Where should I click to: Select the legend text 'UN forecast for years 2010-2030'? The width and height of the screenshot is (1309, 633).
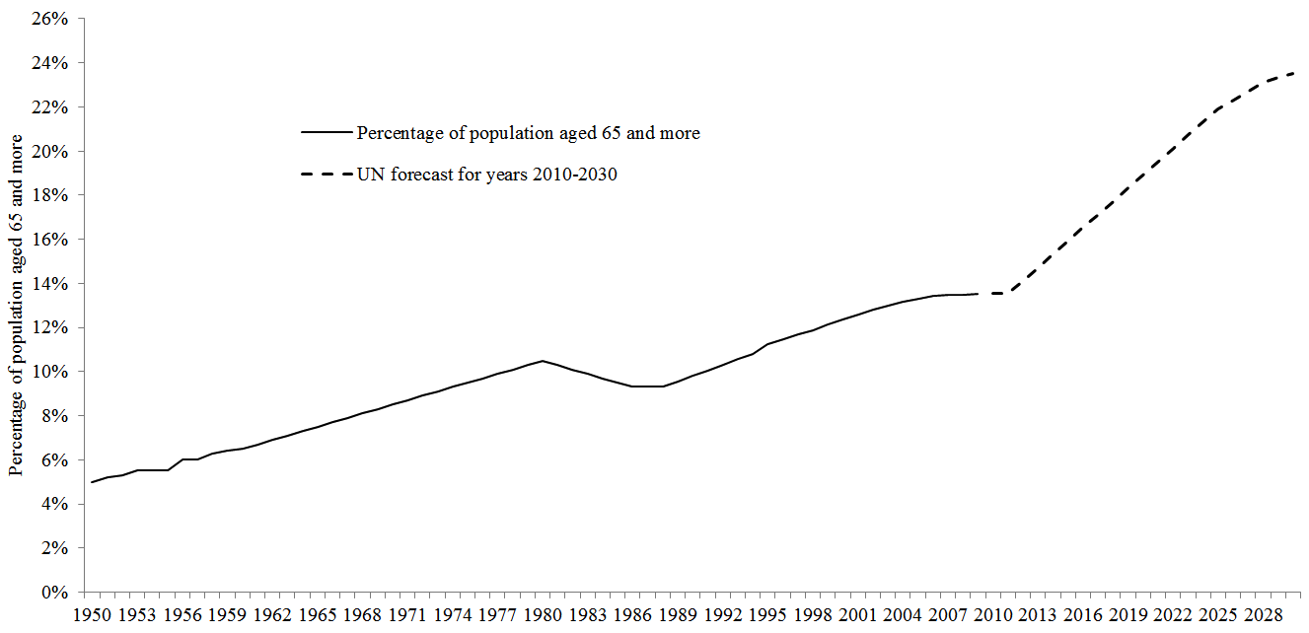click(487, 176)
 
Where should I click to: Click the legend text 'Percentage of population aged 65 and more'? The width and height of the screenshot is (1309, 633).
click(529, 133)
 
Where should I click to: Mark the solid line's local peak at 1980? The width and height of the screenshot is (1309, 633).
click(543, 361)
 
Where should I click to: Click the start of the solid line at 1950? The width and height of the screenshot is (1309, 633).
click(92, 482)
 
